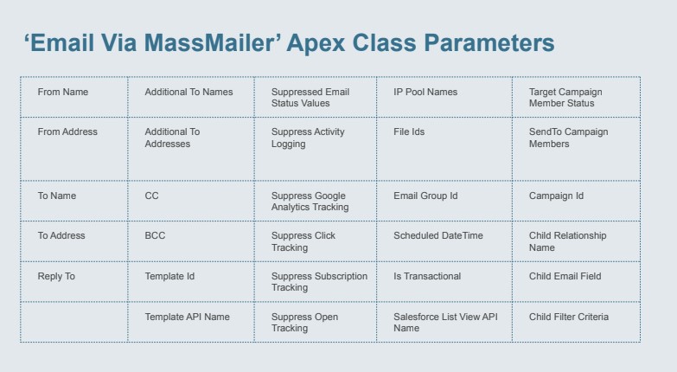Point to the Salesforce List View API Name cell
coord(445,323)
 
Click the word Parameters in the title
coord(489,42)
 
